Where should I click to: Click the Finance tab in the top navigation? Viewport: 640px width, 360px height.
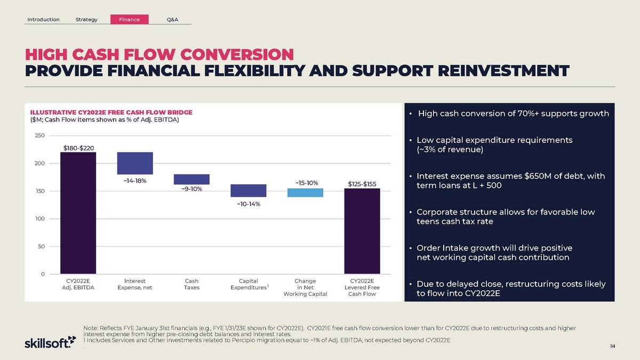point(129,20)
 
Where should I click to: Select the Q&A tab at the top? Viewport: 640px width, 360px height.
point(172,20)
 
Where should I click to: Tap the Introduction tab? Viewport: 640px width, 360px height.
point(44,20)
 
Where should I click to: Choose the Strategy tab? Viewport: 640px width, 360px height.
point(87,20)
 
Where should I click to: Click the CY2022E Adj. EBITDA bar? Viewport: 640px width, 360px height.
point(78,213)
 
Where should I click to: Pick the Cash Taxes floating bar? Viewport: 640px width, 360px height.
point(191,179)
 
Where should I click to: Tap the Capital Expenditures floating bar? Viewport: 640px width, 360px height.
point(249,190)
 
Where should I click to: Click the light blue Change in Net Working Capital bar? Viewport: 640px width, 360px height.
point(305,193)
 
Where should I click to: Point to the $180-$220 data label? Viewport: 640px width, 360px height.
point(78,147)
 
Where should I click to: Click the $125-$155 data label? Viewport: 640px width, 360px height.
point(362,184)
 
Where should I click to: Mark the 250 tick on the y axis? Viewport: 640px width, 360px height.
point(40,135)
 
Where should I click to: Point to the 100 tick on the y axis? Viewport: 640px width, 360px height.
point(40,219)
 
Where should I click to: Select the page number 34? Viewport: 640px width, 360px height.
point(612,347)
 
